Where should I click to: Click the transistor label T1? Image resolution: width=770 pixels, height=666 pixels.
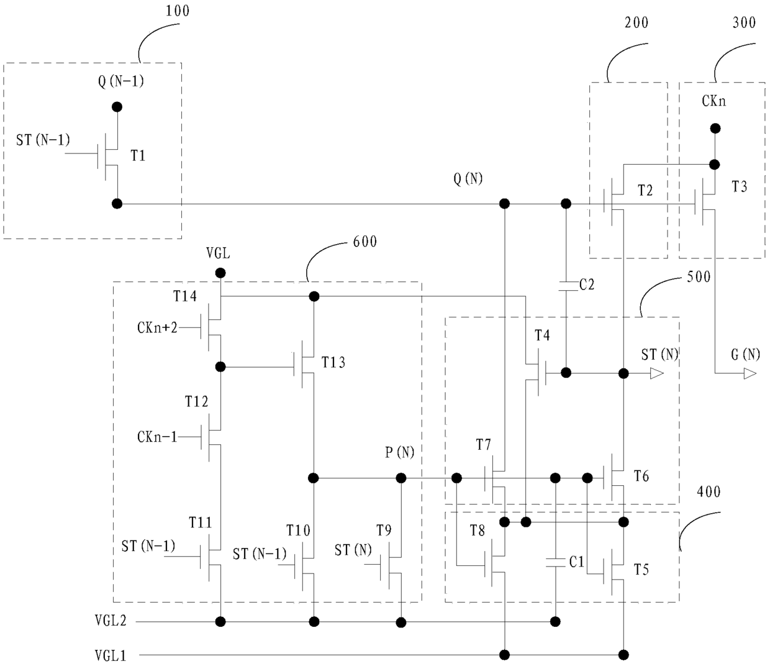point(138,155)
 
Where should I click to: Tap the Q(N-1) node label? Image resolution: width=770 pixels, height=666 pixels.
point(121,81)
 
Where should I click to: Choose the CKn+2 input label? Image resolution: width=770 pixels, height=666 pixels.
point(157,327)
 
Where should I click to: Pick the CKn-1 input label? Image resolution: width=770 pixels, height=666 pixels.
point(157,437)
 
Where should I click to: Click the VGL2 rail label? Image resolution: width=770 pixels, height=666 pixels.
point(111,621)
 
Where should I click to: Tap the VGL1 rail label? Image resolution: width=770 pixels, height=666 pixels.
point(111,655)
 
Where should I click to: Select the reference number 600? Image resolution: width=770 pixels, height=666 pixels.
point(365,242)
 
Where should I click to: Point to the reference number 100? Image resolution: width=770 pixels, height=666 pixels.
point(178,11)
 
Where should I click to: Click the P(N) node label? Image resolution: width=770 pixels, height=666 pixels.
point(400,453)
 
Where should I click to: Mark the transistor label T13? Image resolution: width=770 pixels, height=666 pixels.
point(333,362)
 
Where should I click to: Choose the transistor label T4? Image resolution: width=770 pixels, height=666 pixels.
point(542,335)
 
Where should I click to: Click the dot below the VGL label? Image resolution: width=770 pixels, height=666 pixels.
point(220,273)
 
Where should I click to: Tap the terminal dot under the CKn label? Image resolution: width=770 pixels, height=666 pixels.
point(715,129)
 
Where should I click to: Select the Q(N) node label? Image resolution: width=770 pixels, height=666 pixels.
point(468,180)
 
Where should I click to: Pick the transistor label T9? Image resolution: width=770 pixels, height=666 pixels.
point(384,531)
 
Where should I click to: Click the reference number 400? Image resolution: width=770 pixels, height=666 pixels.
point(709,492)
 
